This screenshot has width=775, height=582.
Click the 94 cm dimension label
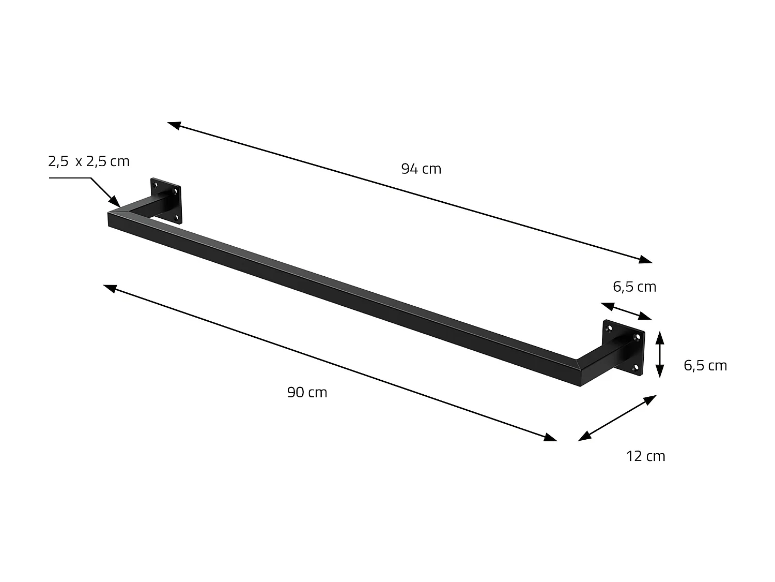(421, 169)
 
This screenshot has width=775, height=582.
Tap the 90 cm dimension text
(307, 393)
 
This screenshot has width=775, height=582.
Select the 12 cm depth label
(645, 456)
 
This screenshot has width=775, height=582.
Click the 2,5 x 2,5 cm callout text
(89, 161)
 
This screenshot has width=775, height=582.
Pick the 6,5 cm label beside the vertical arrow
(705, 366)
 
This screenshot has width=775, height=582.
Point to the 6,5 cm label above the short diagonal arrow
(634, 287)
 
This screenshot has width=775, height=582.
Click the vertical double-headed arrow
(659, 355)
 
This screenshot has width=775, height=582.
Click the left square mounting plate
(166, 201)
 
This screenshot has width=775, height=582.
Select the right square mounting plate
(624, 348)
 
